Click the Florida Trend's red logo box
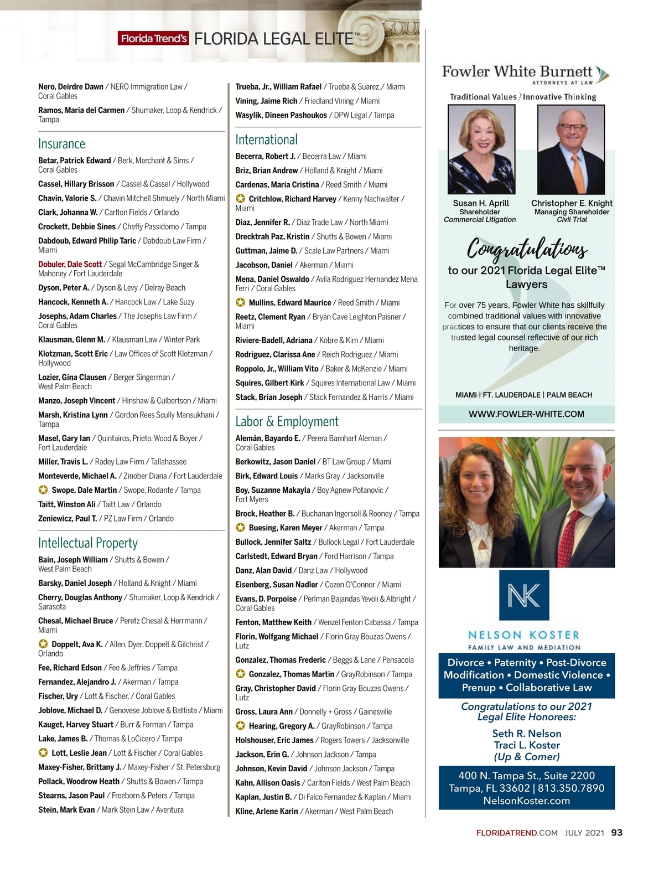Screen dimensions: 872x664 153,39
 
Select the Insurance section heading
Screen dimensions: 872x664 61,144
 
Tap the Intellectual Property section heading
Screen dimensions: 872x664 88,543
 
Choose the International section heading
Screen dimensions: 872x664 266,140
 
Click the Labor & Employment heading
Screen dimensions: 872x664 287,421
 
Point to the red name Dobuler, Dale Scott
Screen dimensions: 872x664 70,264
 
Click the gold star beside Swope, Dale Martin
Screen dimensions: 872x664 43,490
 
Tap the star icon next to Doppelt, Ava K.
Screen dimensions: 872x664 43,644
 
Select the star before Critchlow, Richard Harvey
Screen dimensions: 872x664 240,199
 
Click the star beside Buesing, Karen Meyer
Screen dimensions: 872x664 240,528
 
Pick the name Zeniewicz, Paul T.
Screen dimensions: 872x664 68,519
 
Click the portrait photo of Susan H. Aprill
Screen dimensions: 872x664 481,149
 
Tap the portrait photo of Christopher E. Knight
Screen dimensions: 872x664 571,149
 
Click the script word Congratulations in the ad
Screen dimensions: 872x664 527,248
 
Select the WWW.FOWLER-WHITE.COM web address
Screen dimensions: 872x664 526,414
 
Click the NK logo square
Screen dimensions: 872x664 524,595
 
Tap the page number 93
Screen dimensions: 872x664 616,833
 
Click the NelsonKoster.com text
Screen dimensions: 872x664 526,801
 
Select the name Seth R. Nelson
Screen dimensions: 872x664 527,734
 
